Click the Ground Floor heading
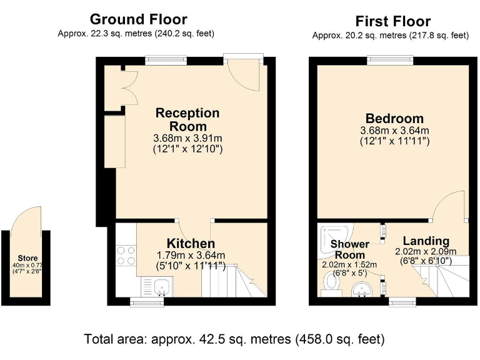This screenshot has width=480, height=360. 139,19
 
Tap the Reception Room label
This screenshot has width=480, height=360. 187,119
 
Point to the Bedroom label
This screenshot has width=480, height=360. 394,119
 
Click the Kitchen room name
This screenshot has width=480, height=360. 191,243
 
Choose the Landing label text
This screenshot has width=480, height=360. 426,241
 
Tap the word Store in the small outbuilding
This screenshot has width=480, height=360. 27,258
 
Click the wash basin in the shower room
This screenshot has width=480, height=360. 361,291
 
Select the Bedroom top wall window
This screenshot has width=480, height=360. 390,60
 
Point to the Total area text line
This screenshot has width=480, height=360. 234,339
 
